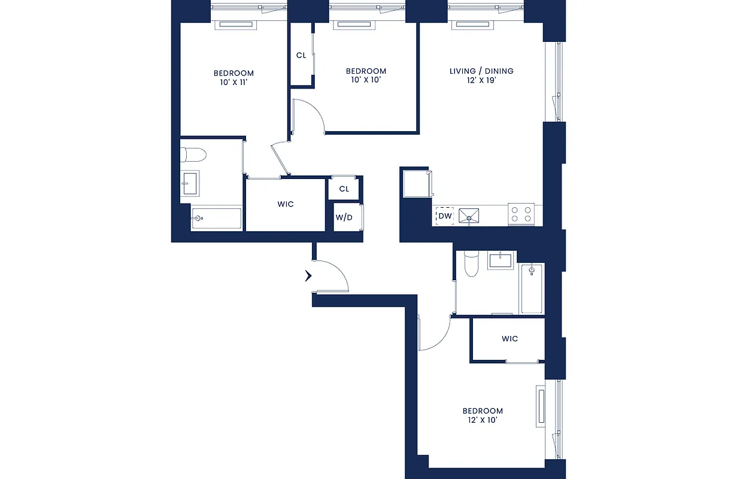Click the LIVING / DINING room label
[481, 71]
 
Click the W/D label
[344, 217]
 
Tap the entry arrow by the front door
[308, 276]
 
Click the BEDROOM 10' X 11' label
[233, 78]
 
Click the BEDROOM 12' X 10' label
[483, 416]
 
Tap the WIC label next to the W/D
[286, 204]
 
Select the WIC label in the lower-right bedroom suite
[509, 339]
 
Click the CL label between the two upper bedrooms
[301, 56]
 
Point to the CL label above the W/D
[344, 189]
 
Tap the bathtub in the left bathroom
[216, 219]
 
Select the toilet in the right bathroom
[472, 264]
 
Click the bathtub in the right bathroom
[532, 289]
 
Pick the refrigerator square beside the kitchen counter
[416, 183]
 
